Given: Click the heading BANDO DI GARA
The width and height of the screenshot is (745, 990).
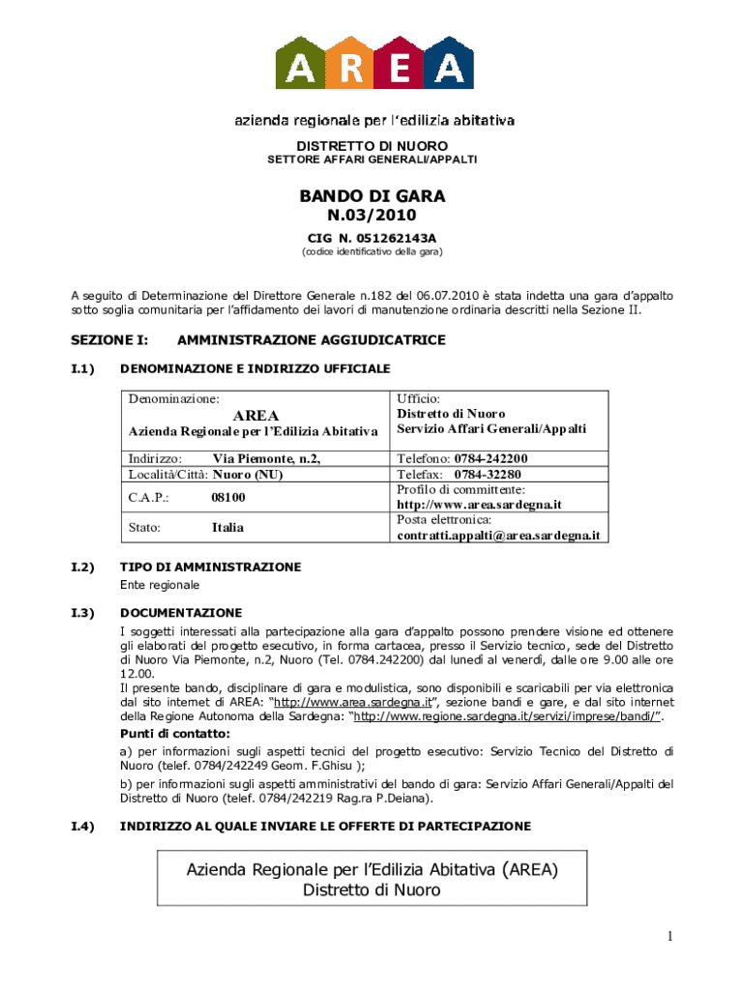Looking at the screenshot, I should [372, 196].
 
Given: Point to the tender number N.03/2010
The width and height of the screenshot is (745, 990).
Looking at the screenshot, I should [372, 216].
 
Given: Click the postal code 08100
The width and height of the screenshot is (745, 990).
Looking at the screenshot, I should [228, 497].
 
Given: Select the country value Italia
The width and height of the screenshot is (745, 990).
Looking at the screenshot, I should [227, 528].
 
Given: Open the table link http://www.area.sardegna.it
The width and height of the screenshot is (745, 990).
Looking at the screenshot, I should [480, 505].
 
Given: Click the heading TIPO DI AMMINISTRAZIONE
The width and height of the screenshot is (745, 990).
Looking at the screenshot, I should [210, 568].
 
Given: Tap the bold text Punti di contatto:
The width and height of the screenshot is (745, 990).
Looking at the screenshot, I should [175, 734].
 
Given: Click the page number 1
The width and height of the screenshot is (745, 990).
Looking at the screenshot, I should [668, 935].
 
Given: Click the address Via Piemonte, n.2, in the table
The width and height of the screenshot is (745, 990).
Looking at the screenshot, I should [267, 458].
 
